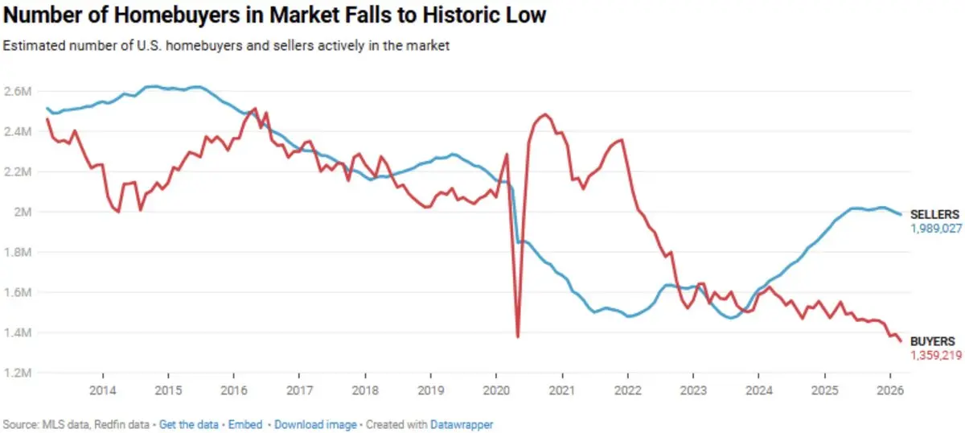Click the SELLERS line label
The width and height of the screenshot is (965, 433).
click(934, 215)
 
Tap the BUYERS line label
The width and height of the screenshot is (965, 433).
click(932, 341)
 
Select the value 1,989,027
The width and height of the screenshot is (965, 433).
click(937, 229)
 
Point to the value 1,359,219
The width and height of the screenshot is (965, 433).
click(937, 355)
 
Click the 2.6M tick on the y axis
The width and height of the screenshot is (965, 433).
click(18, 91)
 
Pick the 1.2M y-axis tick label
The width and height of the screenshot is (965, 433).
click(18, 373)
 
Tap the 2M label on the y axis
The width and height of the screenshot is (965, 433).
click(22, 212)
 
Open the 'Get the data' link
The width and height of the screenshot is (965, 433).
click(189, 423)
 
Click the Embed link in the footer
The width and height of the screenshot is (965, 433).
click(245, 423)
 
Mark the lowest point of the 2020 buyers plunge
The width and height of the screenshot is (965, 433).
click(518, 336)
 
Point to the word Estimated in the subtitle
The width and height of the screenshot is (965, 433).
click(30, 46)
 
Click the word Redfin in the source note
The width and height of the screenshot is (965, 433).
click(100, 423)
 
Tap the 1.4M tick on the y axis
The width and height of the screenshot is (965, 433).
click(18, 333)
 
